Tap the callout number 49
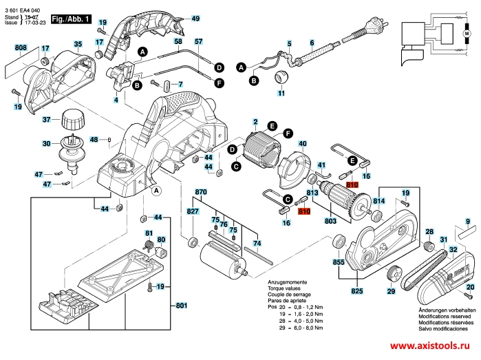coord(195,19)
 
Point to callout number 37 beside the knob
coord(47,120)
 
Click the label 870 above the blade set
coord(201,191)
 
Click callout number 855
coord(339,262)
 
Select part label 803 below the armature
coord(330,221)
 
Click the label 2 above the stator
coord(255,122)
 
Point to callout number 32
coord(453,249)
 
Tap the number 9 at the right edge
coord(467,222)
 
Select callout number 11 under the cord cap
coord(281,93)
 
